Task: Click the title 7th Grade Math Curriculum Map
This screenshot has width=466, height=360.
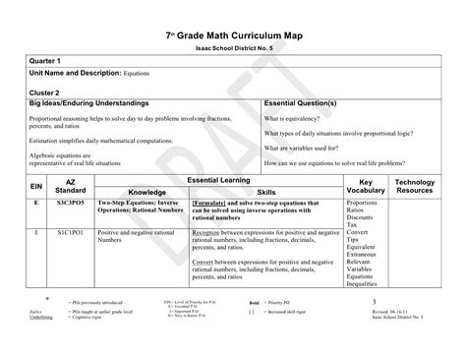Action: click(232, 36)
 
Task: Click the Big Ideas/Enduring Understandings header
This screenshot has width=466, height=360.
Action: click(89, 103)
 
